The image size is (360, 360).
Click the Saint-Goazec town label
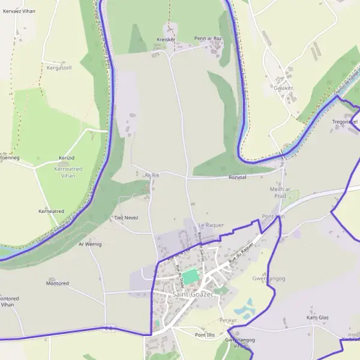pyautogui.click(x=192, y=295)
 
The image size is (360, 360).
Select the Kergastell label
pyautogui.click(x=59, y=68)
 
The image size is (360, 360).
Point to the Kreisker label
pyautogui.click(x=166, y=40)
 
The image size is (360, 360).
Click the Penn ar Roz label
pyautogui.click(x=208, y=38)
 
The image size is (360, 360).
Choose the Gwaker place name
pyautogui.click(x=283, y=88)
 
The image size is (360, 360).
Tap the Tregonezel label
pyautogui.click(x=345, y=122)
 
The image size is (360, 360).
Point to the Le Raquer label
pyautogui.click(x=211, y=225)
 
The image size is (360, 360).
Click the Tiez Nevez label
pyautogui.click(x=126, y=218)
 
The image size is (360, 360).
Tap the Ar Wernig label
pyautogui.click(x=90, y=244)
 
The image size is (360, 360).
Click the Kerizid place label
pyautogui.click(x=67, y=157)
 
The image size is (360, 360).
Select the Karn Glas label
pyautogui.click(x=317, y=317)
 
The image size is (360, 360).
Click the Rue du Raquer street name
pyautogui.click(x=239, y=254)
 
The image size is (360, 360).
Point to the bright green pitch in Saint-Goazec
pyautogui.click(x=190, y=277)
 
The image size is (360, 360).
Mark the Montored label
pyautogui.click(x=58, y=283)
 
